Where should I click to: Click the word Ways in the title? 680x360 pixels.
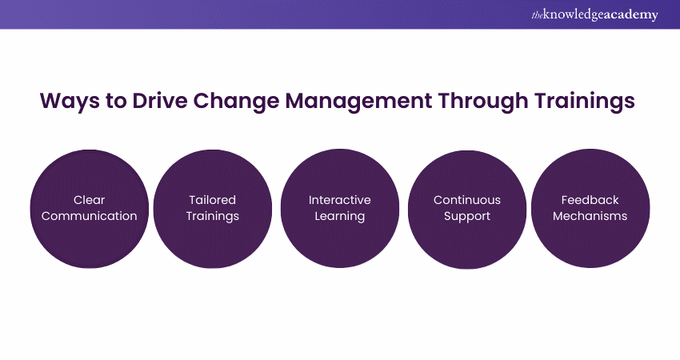click(70, 102)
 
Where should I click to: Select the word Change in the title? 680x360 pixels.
click(236, 102)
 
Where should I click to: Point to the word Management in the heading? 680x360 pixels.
click(358, 102)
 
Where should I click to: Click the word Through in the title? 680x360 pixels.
click(483, 102)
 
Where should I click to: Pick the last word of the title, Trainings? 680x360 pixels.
click(585, 102)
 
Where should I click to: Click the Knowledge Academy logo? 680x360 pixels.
click(594, 14)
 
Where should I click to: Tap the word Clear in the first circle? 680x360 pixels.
click(90, 200)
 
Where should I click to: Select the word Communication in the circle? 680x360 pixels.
click(90, 216)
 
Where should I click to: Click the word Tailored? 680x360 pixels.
click(213, 200)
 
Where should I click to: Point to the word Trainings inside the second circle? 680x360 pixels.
click(213, 217)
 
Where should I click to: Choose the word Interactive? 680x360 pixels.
click(339, 200)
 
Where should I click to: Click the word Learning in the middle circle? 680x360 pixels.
click(339, 217)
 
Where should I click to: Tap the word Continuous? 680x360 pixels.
click(467, 200)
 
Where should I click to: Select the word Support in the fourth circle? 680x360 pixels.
click(467, 217)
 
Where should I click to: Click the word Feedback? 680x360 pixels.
click(590, 200)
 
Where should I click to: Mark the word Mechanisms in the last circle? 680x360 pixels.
click(590, 216)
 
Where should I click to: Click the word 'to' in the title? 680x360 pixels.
click(116, 102)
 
